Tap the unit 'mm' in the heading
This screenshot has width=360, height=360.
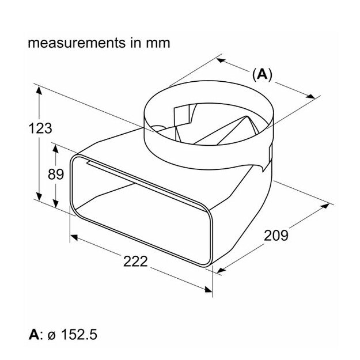pyautogui.click(x=158, y=43)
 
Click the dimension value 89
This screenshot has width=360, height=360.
pyautogui.click(x=55, y=174)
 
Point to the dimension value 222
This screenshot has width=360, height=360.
pyautogui.click(x=135, y=260)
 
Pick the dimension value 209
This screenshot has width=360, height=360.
pyautogui.click(x=276, y=235)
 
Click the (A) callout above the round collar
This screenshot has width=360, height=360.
pyautogui.click(x=262, y=74)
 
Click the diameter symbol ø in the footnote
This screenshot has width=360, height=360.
pyautogui.click(x=48, y=335)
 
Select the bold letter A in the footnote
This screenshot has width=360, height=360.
pyautogui.click(x=33, y=334)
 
